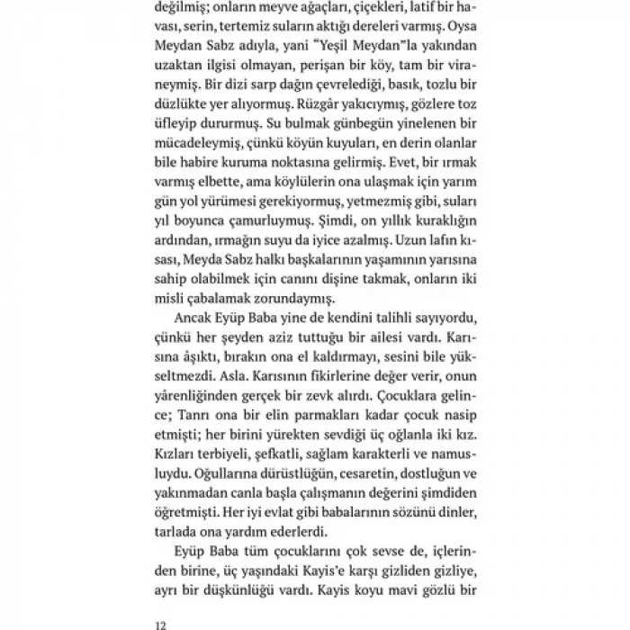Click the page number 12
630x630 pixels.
tap(161, 622)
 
